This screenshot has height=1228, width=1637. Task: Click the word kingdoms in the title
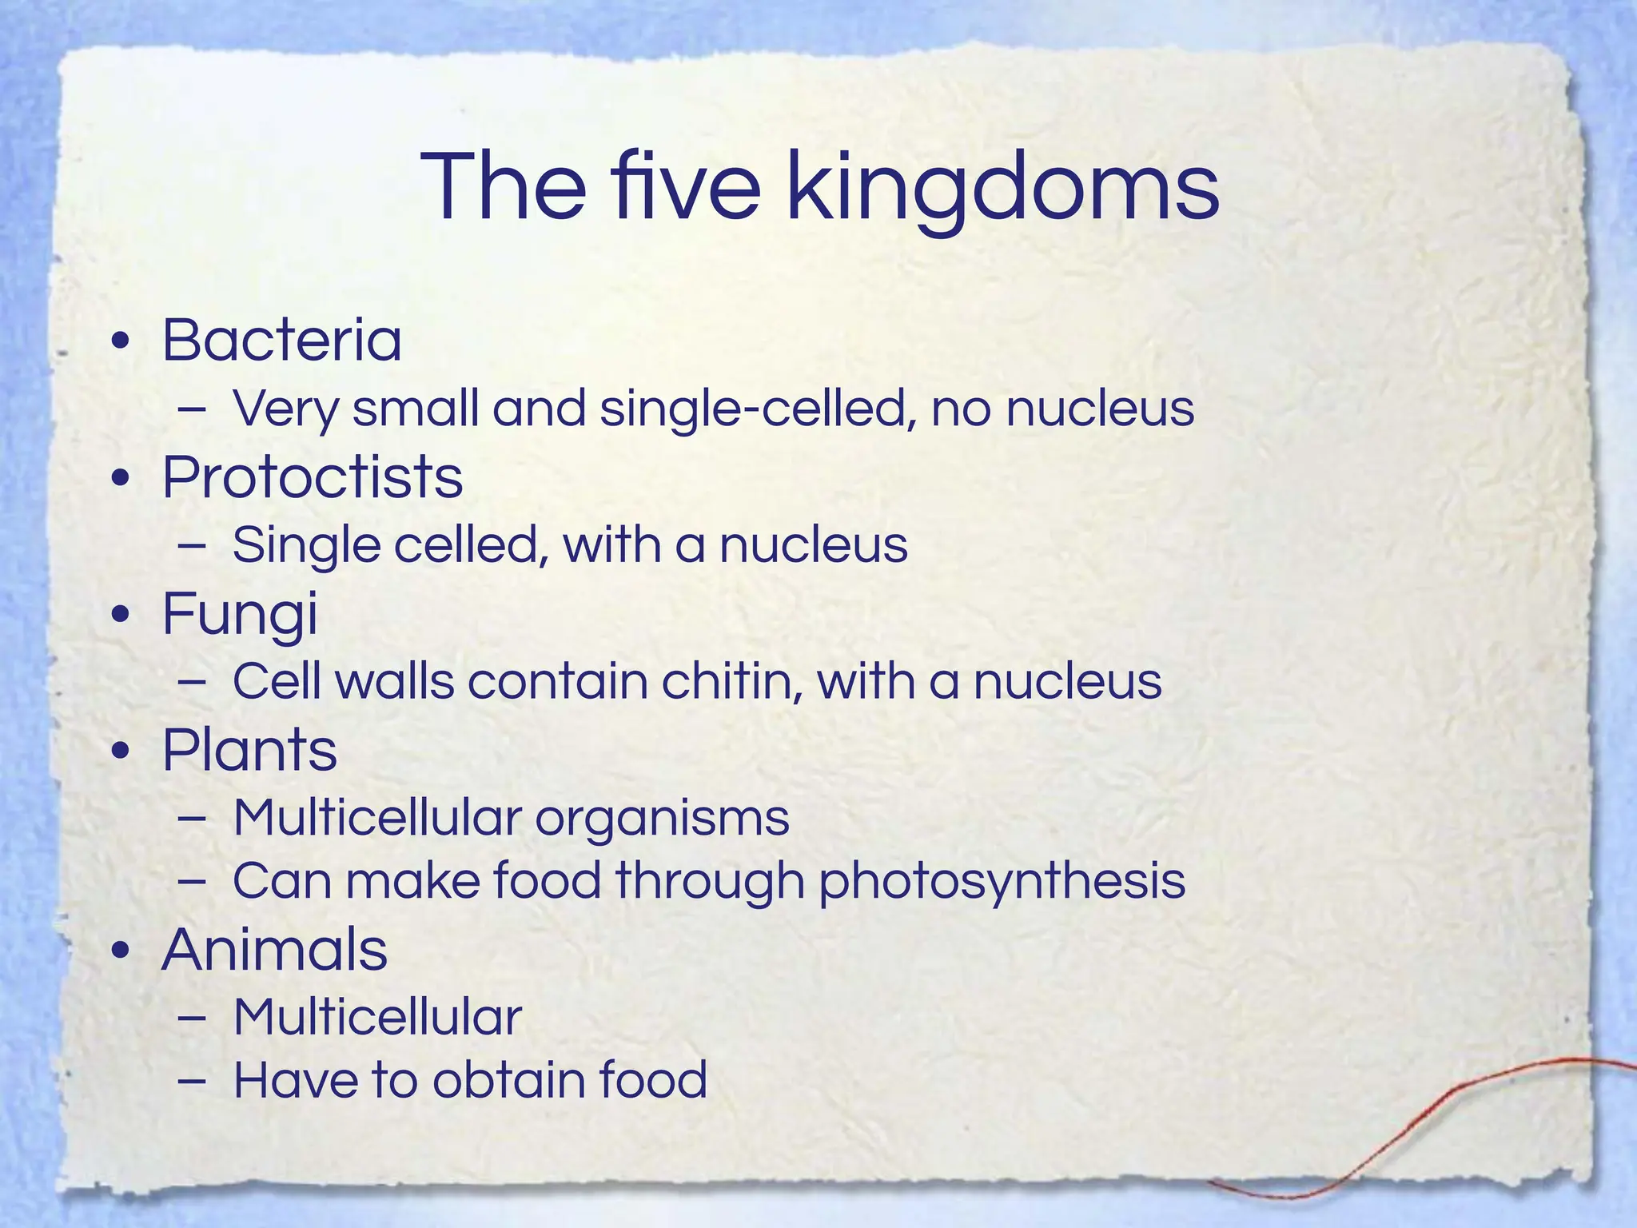click(1003, 189)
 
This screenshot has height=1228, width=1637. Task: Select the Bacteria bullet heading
click(281, 340)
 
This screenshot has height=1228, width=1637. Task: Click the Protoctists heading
click(313, 477)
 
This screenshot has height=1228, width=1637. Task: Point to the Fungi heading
click(240, 615)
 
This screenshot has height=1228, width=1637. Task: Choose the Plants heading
click(249, 751)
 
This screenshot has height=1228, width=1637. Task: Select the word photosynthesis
click(1002, 882)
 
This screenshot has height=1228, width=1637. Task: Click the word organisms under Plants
click(662, 819)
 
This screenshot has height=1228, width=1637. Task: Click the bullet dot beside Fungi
click(121, 616)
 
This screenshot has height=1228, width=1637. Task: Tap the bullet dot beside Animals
click(121, 952)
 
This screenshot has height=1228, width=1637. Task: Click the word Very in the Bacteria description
click(285, 409)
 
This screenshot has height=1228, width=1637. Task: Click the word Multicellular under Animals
click(377, 1018)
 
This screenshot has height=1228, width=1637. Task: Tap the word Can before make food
click(281, 881)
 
